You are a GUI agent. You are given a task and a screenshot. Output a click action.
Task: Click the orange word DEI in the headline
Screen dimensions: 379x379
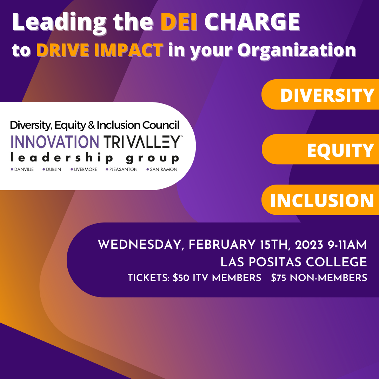pos(179,22)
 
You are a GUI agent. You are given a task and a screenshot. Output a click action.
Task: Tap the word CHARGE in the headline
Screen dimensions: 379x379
pos(252,22)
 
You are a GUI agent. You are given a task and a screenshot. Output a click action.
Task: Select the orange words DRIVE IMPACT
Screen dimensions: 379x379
pos(100,50)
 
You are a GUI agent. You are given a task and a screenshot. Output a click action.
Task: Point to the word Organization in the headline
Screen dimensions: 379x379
pos(297,51)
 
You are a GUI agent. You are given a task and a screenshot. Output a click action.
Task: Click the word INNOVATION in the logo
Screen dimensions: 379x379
pos(55,142)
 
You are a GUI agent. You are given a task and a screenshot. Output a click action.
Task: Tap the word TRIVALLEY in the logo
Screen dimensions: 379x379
pos(142,142)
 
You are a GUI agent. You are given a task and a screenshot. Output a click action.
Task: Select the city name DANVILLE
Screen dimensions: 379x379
pos(24,169)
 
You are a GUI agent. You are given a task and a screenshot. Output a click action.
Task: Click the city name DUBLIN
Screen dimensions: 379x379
pos(53,169)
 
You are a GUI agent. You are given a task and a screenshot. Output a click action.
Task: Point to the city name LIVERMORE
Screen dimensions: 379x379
pos(85,169)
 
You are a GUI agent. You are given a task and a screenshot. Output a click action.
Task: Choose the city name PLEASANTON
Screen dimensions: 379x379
pos(123,169)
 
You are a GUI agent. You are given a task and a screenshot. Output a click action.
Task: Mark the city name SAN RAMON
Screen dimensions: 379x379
pos(164,169)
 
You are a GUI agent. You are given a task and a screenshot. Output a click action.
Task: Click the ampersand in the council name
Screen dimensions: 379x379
pos(91,125)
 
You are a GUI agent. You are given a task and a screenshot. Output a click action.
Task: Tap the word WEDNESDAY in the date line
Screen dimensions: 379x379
pos(139,245)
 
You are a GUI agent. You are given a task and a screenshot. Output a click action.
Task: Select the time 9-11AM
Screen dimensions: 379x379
pos(347,245)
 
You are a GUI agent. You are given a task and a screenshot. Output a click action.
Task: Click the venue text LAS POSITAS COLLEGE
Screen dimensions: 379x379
pos(294,262)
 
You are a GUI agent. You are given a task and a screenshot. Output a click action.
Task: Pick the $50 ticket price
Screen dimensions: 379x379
pos(181,278)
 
